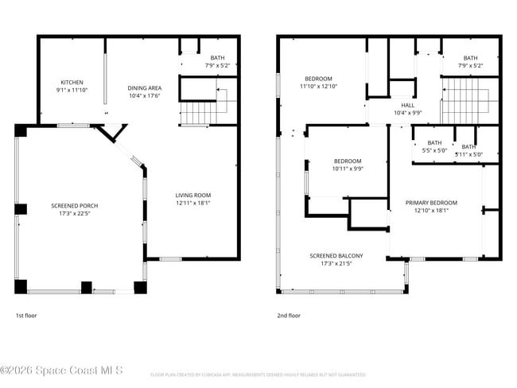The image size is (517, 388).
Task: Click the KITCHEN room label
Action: point(72,82)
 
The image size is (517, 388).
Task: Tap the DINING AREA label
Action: point(145,88)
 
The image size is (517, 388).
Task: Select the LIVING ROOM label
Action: point(193,195)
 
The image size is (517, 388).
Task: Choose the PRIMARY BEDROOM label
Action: point(431,203)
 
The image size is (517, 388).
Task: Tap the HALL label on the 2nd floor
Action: point(408,105)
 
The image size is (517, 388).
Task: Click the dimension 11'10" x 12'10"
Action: point(318,87)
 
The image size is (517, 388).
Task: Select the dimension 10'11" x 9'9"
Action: point(348,169)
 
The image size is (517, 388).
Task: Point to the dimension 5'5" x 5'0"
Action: point(434,150)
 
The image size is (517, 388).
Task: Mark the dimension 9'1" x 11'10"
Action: point(72,90)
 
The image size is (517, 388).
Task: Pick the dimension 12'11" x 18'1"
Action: point(193,203)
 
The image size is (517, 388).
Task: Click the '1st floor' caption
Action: point(26,316)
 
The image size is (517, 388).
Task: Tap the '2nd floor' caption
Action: point(289,316)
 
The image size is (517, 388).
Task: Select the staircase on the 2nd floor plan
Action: point(469,103)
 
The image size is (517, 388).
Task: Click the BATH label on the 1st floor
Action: point(217,58)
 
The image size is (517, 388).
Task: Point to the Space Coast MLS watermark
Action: point(62,371)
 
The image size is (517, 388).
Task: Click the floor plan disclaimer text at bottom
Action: point(258,374)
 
